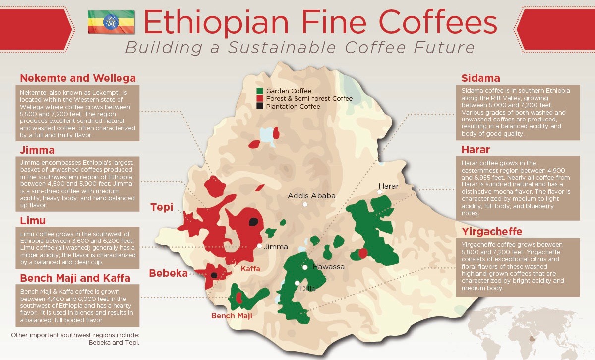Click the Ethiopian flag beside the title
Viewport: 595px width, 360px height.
(111, 21)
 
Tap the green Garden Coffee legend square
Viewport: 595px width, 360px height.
(259, 91)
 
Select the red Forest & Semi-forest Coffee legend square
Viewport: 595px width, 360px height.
(259, 99)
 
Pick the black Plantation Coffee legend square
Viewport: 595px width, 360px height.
(259, 106)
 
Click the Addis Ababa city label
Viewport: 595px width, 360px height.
(311, 196)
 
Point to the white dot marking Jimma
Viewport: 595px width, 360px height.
(259, 246)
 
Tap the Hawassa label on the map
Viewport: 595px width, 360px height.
(328, 267)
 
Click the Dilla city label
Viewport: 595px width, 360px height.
(307, 288)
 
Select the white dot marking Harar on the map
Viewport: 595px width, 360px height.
(380, 192)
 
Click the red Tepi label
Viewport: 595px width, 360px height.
(162, 207)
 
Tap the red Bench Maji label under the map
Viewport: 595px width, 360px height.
(232, 316)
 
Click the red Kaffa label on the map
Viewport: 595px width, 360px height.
(250, 269)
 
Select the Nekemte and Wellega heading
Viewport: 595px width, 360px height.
(78, 78)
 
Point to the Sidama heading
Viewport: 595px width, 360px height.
(480, 78)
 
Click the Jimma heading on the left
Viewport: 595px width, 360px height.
(37, 150)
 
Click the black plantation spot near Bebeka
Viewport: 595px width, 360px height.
(214, 275)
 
